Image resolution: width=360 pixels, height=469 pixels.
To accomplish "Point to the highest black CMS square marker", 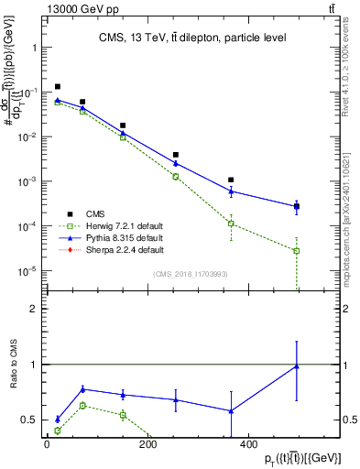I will point(58,87).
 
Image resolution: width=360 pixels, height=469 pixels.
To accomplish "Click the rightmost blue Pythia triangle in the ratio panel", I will point(297,366).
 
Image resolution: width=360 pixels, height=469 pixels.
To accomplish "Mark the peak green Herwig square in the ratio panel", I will point(82,405).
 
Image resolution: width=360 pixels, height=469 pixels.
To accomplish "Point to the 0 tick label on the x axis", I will point(47,446).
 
